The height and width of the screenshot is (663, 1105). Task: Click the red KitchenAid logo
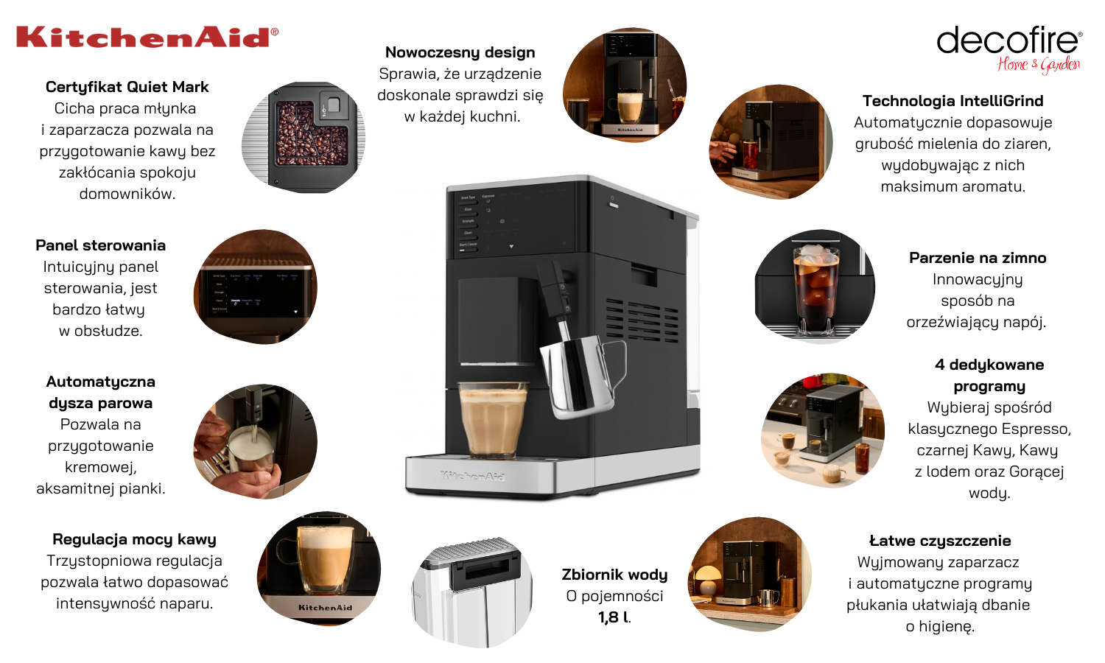[x=147, y=37]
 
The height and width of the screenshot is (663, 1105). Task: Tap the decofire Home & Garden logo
[x=1009, y=50]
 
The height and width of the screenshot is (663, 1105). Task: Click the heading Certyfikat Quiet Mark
[x=127, y=87]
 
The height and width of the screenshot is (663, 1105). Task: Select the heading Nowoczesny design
[x=460, y=52]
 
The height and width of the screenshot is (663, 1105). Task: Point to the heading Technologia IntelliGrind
[x=953, y=101]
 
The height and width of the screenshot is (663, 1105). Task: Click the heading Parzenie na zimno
[x=978, y=258]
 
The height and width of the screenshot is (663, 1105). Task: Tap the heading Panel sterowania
[x=101, y=245]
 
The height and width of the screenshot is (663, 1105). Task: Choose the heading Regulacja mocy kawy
[x=134, y=539]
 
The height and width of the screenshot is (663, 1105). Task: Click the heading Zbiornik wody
[x=614, y=575]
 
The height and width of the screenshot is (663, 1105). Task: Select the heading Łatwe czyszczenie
[x=940, y=540]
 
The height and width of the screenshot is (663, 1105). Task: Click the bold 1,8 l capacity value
[x=614, y=617]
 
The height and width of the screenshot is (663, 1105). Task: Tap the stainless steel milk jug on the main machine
[x=582, y=376]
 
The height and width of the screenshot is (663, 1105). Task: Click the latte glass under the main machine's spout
[x=492, y=419]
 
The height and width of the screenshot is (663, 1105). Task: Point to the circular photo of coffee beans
[x=304, y=137]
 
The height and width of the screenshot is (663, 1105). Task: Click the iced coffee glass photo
[x=815, y=286]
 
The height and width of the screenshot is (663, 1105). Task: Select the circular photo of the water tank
[x=472, y=592]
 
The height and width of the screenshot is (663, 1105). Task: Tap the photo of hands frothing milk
[x=255, y=441]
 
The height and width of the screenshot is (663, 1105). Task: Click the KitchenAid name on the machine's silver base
[x=472, y=476]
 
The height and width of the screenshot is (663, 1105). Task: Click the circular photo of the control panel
[x=255, y=287]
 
